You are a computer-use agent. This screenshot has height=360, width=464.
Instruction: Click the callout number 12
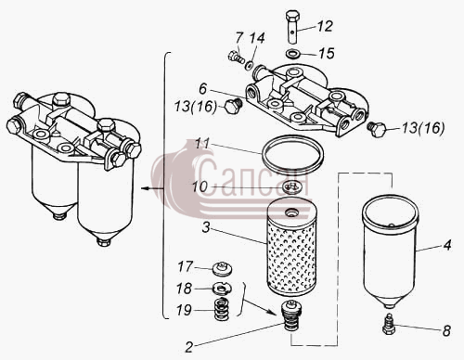325,26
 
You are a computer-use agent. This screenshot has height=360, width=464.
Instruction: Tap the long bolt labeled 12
292,27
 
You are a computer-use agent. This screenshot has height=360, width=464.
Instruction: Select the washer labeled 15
292,54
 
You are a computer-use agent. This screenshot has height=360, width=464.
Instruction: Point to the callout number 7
238,38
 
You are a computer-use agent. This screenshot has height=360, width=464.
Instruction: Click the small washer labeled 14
249,65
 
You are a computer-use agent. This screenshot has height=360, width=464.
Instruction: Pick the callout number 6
202,89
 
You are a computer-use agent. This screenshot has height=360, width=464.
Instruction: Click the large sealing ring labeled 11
292,154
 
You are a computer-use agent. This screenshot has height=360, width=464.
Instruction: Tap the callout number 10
200,187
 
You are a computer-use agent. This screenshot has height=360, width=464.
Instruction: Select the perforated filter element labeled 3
291,249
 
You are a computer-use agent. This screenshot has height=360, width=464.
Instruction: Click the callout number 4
447,245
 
